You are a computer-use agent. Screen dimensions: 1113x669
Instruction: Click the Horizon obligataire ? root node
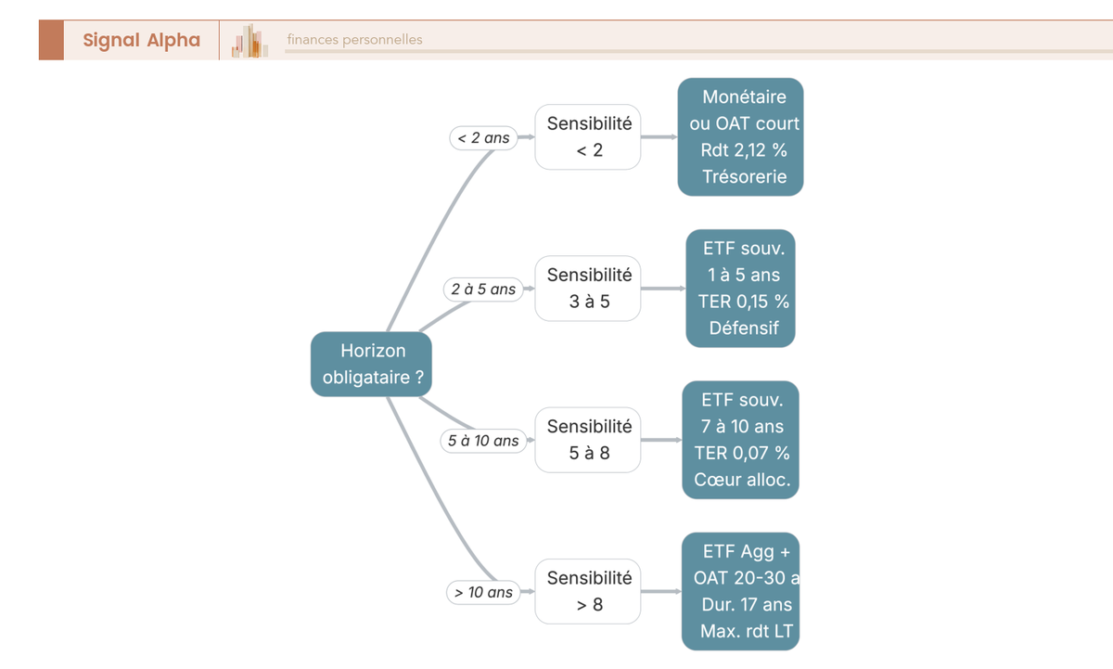tap(371, 364)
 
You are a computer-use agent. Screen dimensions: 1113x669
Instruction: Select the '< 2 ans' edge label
tap(483, 137)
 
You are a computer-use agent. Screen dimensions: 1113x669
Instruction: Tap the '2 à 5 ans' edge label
tap(483, 289)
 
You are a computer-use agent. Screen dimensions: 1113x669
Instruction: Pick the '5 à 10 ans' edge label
tap(483, 441)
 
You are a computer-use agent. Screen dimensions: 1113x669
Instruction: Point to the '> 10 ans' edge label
tap(483, 592)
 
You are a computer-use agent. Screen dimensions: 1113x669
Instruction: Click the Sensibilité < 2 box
tap(588, 136)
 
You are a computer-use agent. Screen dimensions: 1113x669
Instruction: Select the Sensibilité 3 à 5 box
tap(588, 289)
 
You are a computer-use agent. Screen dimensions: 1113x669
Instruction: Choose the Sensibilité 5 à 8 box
tap(588, 440)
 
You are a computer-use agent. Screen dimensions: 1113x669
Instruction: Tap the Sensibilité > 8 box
tap(588, 591)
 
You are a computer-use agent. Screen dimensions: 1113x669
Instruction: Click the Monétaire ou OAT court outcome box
tap(740, 136)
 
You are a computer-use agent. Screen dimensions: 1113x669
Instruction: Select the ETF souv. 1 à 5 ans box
tap(740, 289)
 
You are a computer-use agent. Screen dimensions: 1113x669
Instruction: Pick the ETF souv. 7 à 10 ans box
tap(740, 440)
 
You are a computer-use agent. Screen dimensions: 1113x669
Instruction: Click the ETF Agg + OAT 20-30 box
tap(740, 591)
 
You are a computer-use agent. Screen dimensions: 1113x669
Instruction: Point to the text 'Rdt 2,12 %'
tap(744, 150)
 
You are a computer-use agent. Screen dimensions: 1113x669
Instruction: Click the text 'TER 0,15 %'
tap(744, 302)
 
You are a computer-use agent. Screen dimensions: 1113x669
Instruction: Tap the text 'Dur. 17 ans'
tap(747, 605)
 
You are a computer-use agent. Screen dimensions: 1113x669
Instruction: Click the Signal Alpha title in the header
tap(142, 40)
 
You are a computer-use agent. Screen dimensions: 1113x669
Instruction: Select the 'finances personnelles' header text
tap(354, 40)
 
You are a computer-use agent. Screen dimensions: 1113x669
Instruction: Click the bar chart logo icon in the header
tap(249, 41)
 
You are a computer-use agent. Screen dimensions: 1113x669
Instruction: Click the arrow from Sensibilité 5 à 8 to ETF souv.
tap(661, 440)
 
